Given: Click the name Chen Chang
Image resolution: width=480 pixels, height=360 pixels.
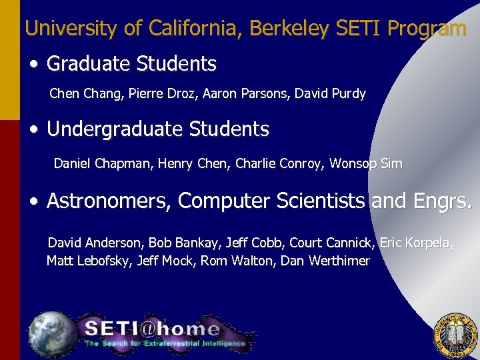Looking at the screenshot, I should (81, 94).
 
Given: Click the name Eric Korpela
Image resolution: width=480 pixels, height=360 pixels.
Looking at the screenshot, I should (416, 243).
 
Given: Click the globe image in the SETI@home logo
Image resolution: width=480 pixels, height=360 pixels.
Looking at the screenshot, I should (52, 331).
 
